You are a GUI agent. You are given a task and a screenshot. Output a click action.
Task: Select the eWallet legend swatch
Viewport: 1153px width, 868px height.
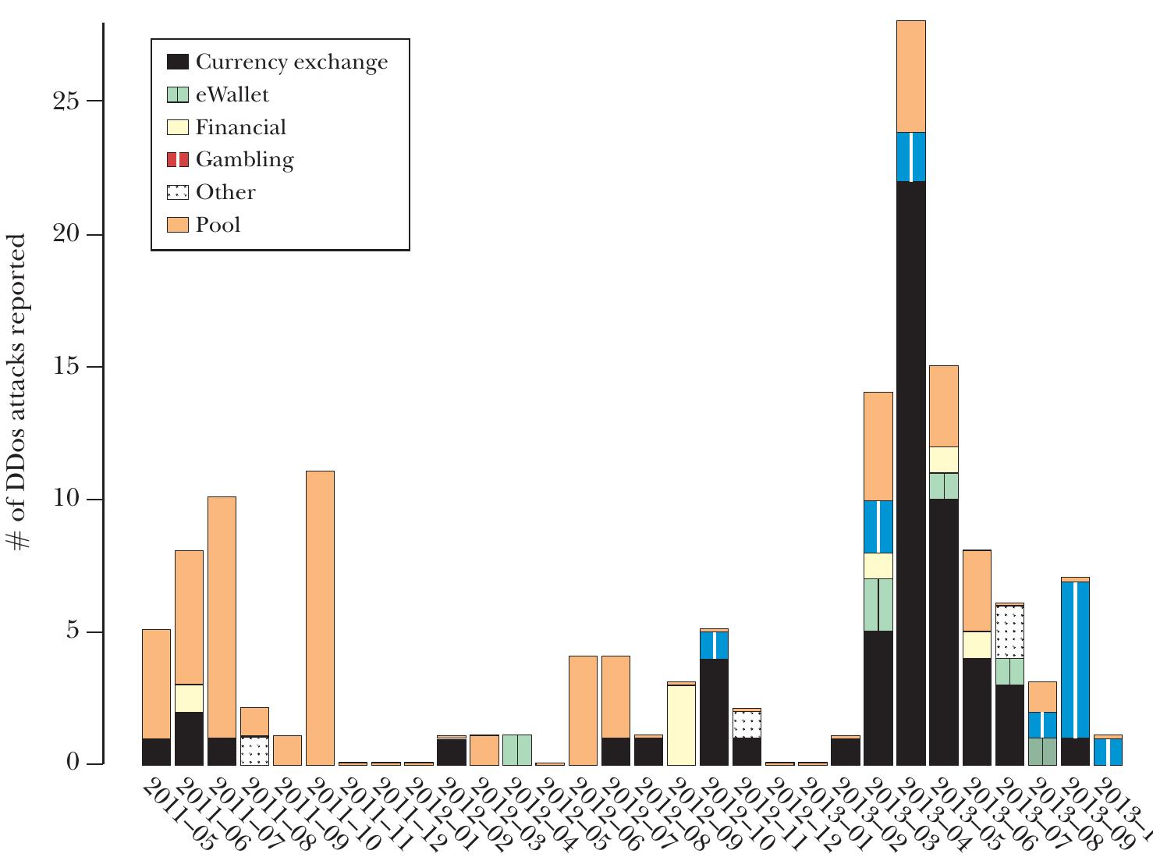(x=178, y=95)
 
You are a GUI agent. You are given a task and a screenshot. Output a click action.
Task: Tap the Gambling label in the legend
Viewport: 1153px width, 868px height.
(x=244, y=160)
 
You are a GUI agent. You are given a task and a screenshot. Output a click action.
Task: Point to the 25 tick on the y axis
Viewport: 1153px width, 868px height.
(x=68, y=101)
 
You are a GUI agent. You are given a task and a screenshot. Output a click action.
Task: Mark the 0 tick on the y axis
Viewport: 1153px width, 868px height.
(x=73, y=763)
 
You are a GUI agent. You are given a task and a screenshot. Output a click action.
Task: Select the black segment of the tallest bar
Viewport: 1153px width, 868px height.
(x=910, y=472)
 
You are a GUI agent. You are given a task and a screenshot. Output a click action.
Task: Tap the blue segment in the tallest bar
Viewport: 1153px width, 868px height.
(x=910, y=157)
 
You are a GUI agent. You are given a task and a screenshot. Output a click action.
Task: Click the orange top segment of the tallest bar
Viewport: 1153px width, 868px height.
(x=910, y=76)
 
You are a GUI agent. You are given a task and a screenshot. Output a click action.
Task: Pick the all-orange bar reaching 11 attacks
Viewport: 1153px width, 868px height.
(x=320, y=617)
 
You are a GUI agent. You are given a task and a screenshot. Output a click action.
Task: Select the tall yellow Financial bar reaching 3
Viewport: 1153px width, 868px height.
(x=681, y=724)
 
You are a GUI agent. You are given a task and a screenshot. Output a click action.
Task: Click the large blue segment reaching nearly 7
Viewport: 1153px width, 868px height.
(x=1074, y=660)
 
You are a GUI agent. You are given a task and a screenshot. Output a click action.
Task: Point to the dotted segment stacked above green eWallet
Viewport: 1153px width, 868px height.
(x=1009, y=632)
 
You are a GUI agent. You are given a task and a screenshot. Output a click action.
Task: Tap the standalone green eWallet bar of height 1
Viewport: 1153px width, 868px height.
(x=516, y=749)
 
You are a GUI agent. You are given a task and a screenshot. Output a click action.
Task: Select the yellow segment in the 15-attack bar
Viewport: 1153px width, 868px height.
(x=943, y=460)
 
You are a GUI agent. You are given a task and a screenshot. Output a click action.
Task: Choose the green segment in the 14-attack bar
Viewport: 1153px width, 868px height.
(x=878, y=605)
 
